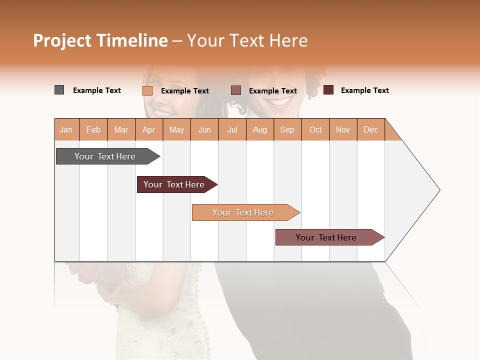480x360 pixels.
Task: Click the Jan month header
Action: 66,130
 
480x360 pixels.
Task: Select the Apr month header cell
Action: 149,130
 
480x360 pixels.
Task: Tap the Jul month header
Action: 232,130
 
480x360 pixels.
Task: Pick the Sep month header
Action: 287,130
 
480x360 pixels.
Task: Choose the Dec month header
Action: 370,130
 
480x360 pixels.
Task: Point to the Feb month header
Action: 93,130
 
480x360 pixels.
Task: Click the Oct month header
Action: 315,130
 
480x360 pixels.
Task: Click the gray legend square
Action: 59,90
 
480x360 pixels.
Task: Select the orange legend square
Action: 147,90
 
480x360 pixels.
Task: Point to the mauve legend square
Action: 236,90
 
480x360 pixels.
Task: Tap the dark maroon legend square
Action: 328,90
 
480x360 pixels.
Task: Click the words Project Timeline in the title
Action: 100,40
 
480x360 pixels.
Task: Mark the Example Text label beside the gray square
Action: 97,90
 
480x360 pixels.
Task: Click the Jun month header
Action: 204,130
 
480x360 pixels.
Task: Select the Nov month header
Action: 343,130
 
